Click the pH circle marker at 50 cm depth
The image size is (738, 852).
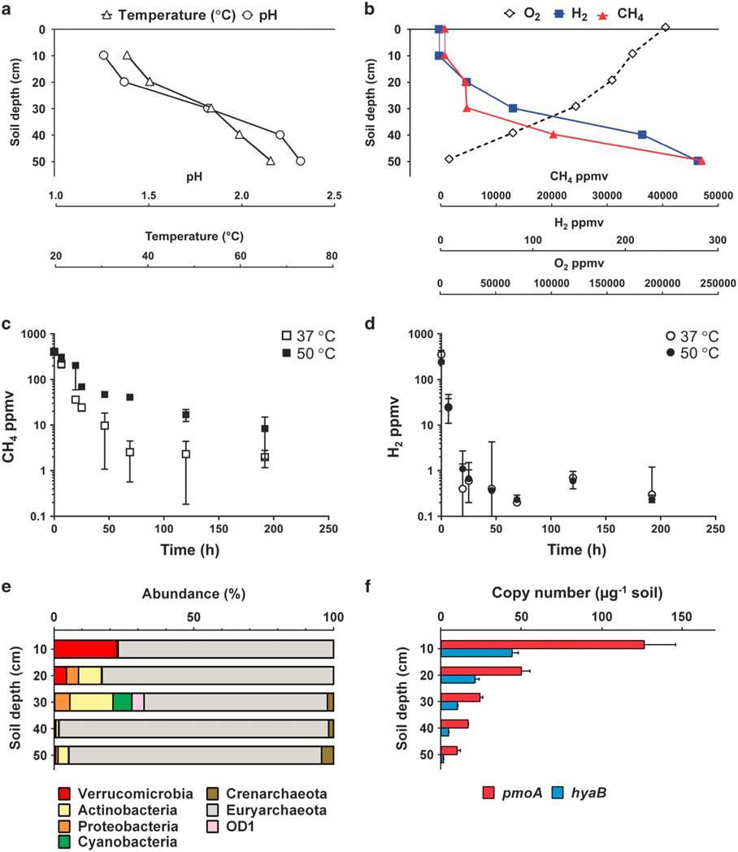point(300,161)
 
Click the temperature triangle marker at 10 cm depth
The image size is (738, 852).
point(127,55)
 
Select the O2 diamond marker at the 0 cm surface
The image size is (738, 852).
point(666,28)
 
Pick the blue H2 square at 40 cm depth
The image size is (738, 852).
point(642,135)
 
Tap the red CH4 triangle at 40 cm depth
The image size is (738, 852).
point(553,135)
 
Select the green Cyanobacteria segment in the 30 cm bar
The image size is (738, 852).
point(122,703)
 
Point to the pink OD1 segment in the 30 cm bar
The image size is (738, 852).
point(138,703)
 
